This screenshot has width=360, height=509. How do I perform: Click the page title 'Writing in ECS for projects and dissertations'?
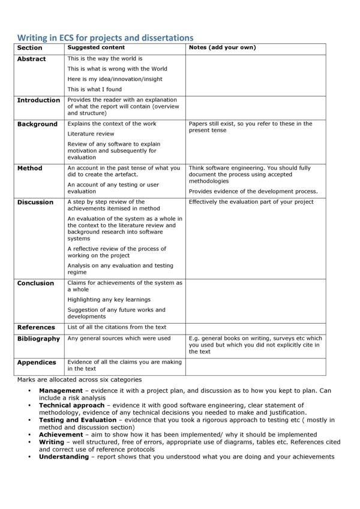click(x=105, y=38)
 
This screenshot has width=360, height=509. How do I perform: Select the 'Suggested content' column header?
click(x=96, y=47)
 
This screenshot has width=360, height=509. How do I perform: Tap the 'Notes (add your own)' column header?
click(x=222, y=47)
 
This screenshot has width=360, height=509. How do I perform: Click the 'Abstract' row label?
click(x=31, y=59)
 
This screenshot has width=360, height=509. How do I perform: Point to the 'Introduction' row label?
click(x=38, y=100)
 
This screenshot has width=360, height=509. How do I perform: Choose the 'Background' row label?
click(x=37, y=124)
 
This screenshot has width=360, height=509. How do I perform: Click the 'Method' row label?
click(x=30, y=168)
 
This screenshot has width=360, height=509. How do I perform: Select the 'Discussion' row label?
click(x=35, y=202)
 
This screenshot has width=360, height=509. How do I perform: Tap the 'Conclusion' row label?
click(x=35, y=283)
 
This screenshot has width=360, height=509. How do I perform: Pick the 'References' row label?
click(x=36, y=327)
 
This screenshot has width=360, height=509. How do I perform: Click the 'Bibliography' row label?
click(x=38, y=339)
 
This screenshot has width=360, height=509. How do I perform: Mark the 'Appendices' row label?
click(x=37, y=363)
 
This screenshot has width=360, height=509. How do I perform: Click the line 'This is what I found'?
click(x=94, y=89)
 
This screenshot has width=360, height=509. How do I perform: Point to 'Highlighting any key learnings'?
click(x=109, y=299)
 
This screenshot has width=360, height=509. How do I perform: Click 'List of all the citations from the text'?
click(x=117, y=327)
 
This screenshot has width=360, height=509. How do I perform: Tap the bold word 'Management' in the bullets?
click(x=61, y=391)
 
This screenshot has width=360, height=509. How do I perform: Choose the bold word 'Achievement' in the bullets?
click(x=61, y=434)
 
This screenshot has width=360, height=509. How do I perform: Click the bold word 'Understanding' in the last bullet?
click(x=64, y=456)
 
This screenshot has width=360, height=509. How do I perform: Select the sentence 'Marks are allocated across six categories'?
click(x=79, y=380)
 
